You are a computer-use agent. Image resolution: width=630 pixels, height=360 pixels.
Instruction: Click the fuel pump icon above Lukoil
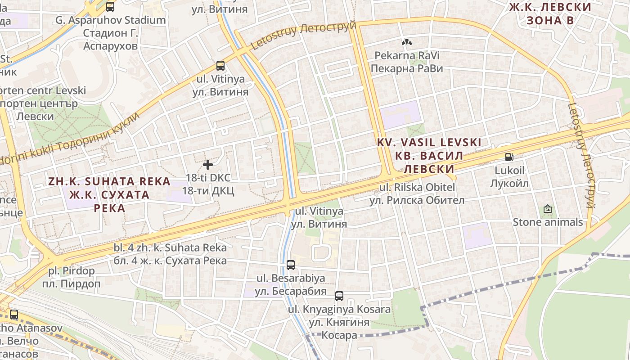509,157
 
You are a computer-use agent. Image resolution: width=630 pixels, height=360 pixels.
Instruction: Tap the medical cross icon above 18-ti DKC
208,164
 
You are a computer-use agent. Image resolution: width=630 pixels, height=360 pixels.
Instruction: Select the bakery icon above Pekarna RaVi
407,42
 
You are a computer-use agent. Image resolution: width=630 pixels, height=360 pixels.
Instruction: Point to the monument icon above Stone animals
548,209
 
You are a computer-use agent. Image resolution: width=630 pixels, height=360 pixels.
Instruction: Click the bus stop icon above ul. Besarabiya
291,265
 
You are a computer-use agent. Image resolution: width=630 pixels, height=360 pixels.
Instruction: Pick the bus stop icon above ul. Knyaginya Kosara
339,296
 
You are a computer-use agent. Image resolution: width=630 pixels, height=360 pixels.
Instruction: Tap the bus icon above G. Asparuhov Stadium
110,7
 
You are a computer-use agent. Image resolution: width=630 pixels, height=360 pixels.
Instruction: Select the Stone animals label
548,222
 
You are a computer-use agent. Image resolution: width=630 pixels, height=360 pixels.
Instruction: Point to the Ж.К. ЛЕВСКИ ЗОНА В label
550,13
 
